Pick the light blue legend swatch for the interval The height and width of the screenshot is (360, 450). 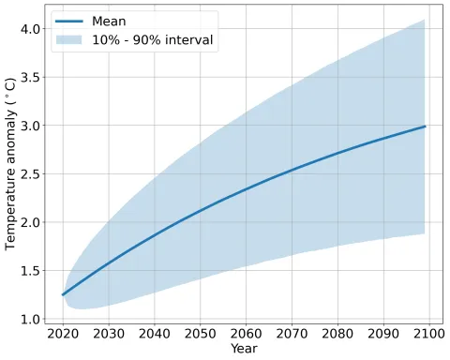74,40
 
